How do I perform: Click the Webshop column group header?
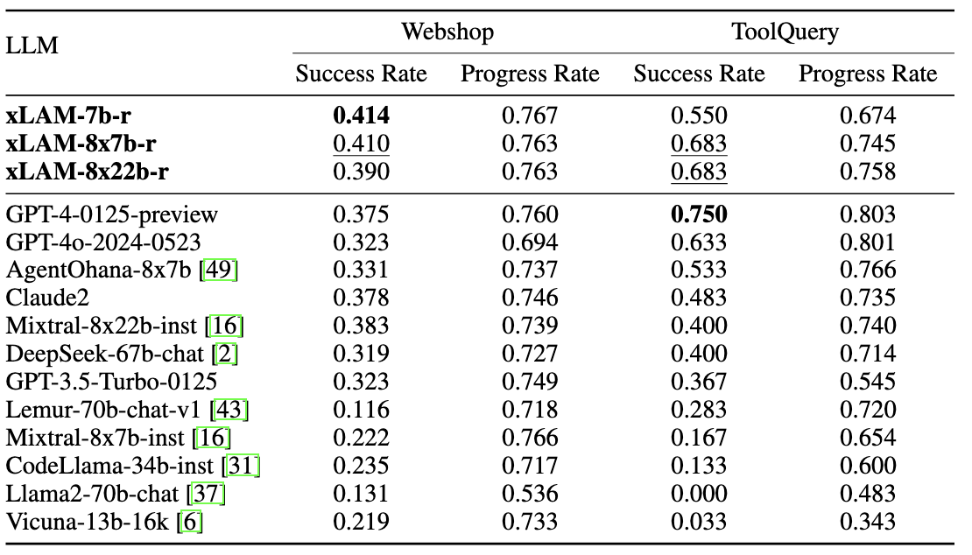click(447, 32)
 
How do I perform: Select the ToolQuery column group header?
click(785, 32)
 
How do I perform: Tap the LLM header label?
click(32, 46)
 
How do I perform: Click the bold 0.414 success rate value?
click(361, 115)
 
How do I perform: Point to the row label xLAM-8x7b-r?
click(75, 143)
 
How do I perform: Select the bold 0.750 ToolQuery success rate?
click(699, 214)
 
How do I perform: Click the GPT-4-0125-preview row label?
click(112, 214)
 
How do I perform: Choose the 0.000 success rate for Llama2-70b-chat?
click(699, 495)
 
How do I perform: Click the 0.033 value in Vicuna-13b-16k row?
click(699, 523)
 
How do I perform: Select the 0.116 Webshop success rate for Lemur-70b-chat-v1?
click(361, 411)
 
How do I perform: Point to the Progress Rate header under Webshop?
click(530, 74)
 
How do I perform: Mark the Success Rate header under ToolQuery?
click(699, 74)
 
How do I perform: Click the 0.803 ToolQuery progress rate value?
click(868, 214)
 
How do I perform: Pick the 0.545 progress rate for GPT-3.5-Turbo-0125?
click(868, 383)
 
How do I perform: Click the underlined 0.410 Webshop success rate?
click(361, 143)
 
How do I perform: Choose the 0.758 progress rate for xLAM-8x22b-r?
click(868, 171)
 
